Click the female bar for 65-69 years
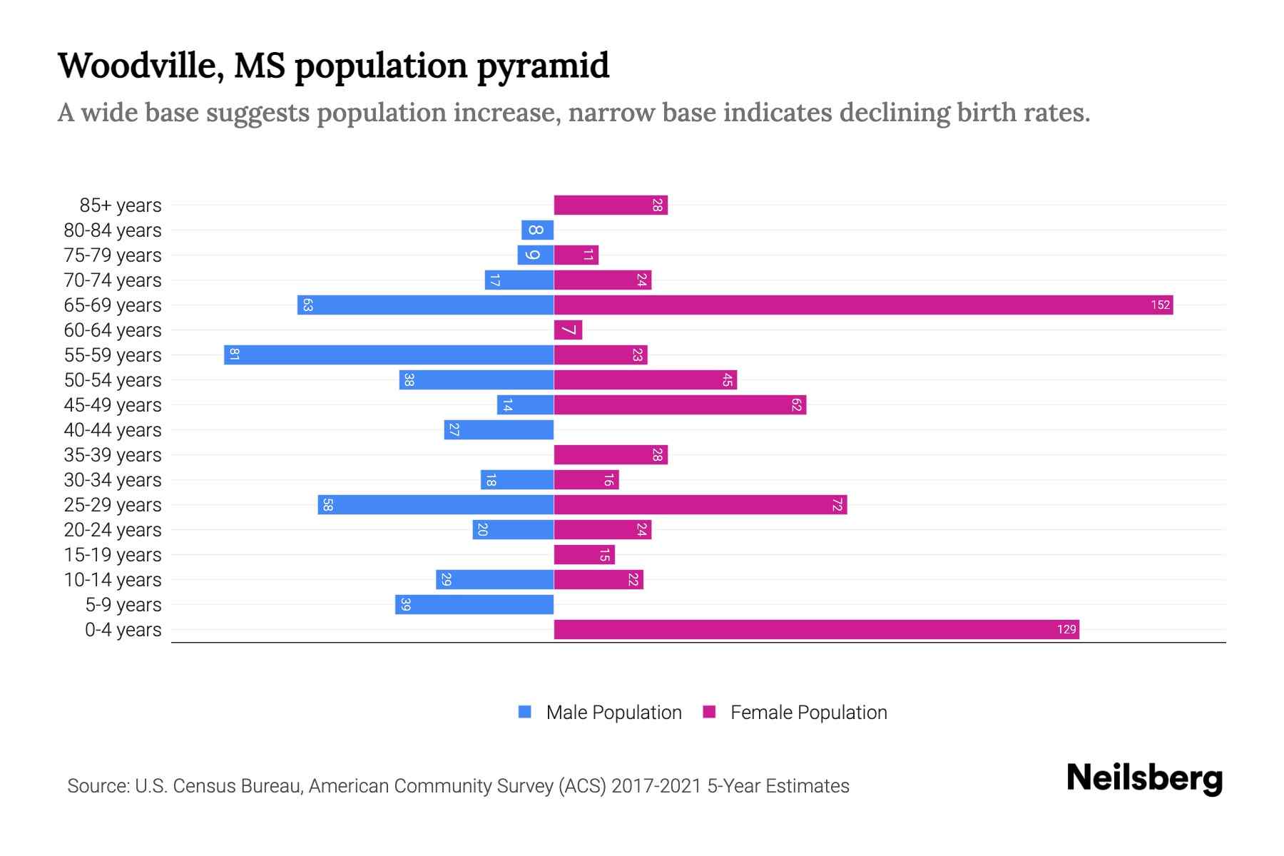863,305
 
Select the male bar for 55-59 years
389,355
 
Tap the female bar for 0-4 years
816,630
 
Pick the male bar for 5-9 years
474,605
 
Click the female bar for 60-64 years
568,330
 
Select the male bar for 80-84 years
537,230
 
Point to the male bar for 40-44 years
499,430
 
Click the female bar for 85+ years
611,205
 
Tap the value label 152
1160,305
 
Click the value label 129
1066,630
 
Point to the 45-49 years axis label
113,405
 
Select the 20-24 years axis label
113,530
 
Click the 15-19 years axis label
113,555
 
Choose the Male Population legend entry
613,713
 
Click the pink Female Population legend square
709,712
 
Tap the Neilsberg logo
1144,778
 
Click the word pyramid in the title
543,66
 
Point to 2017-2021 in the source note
656,786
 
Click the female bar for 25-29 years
700,505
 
